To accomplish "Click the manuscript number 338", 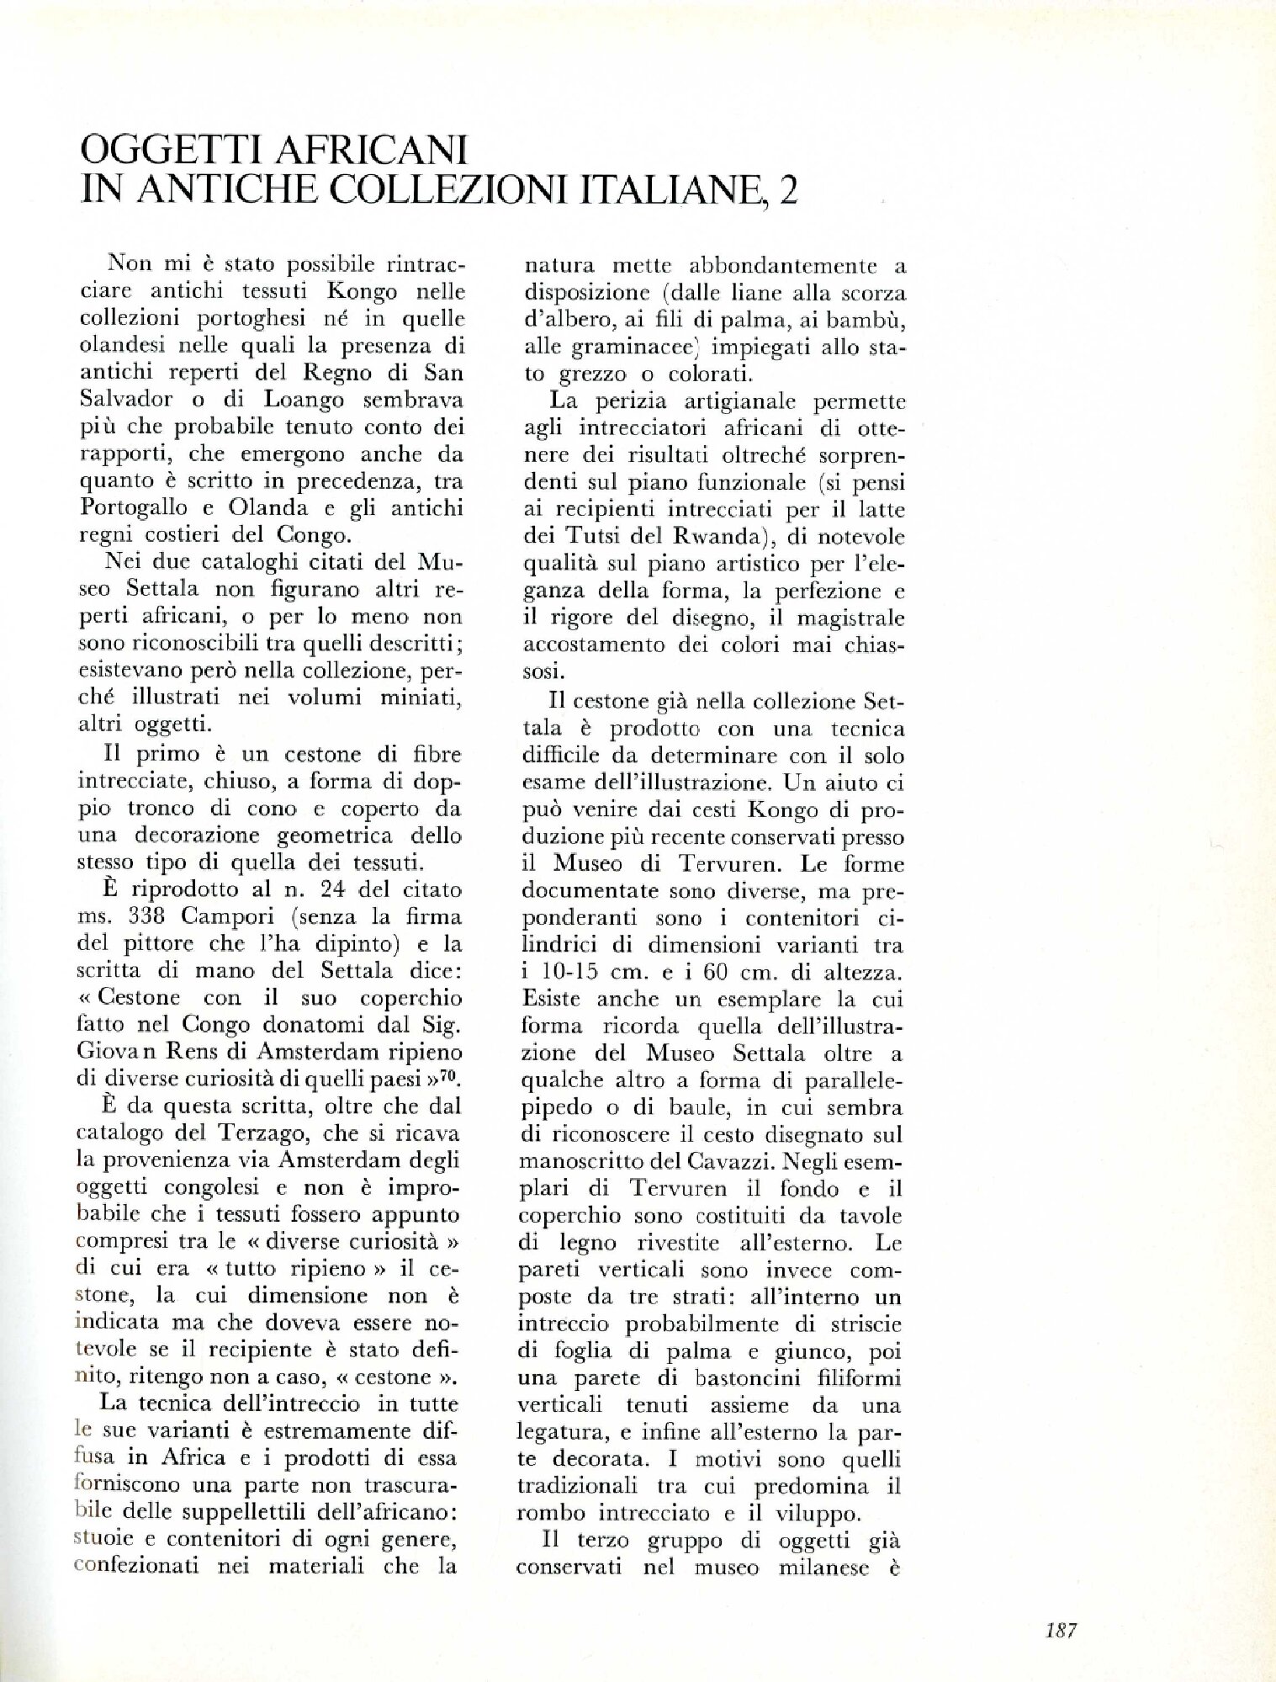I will [x=167, y=916].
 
